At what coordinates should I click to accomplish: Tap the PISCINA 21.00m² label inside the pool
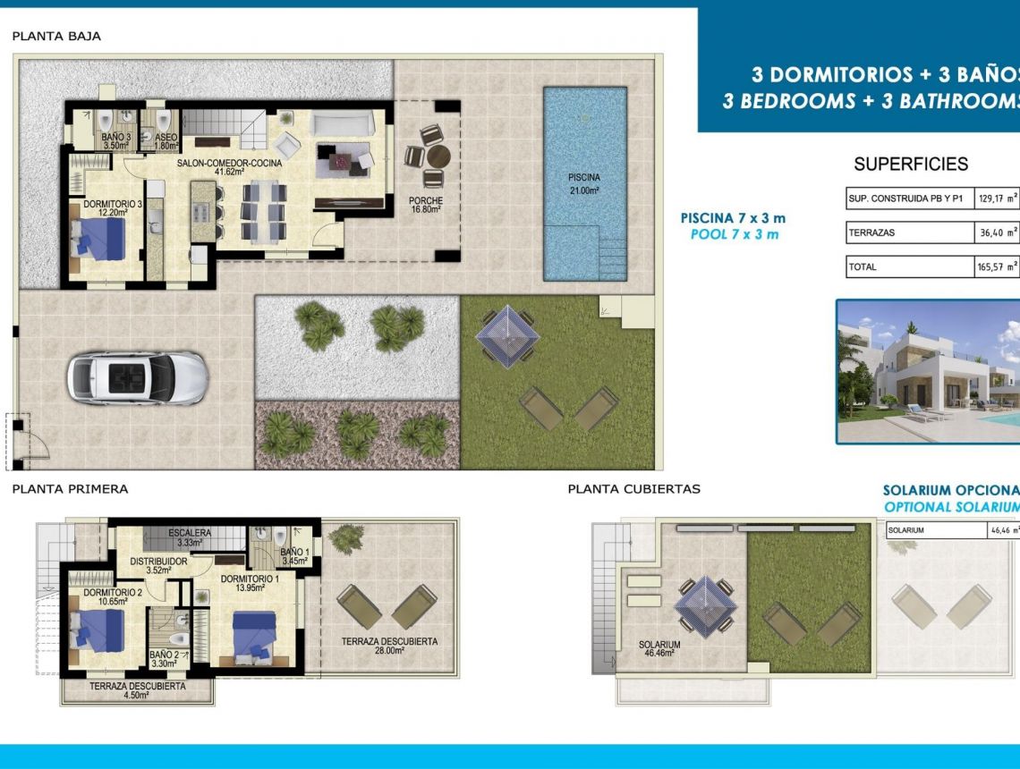click(583, 183)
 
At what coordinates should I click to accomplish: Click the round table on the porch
click(436, 156)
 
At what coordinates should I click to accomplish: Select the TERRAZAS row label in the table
click(871, 232)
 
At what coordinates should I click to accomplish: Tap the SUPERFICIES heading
click(911, 164)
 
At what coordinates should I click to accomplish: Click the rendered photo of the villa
click(928, 371)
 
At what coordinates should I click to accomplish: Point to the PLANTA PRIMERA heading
click(70, 489)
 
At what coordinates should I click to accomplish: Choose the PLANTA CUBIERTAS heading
click(633, 489)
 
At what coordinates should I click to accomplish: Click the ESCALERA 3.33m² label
click(189, 537)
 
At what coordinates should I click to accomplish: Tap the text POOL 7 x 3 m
click(735, 234)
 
